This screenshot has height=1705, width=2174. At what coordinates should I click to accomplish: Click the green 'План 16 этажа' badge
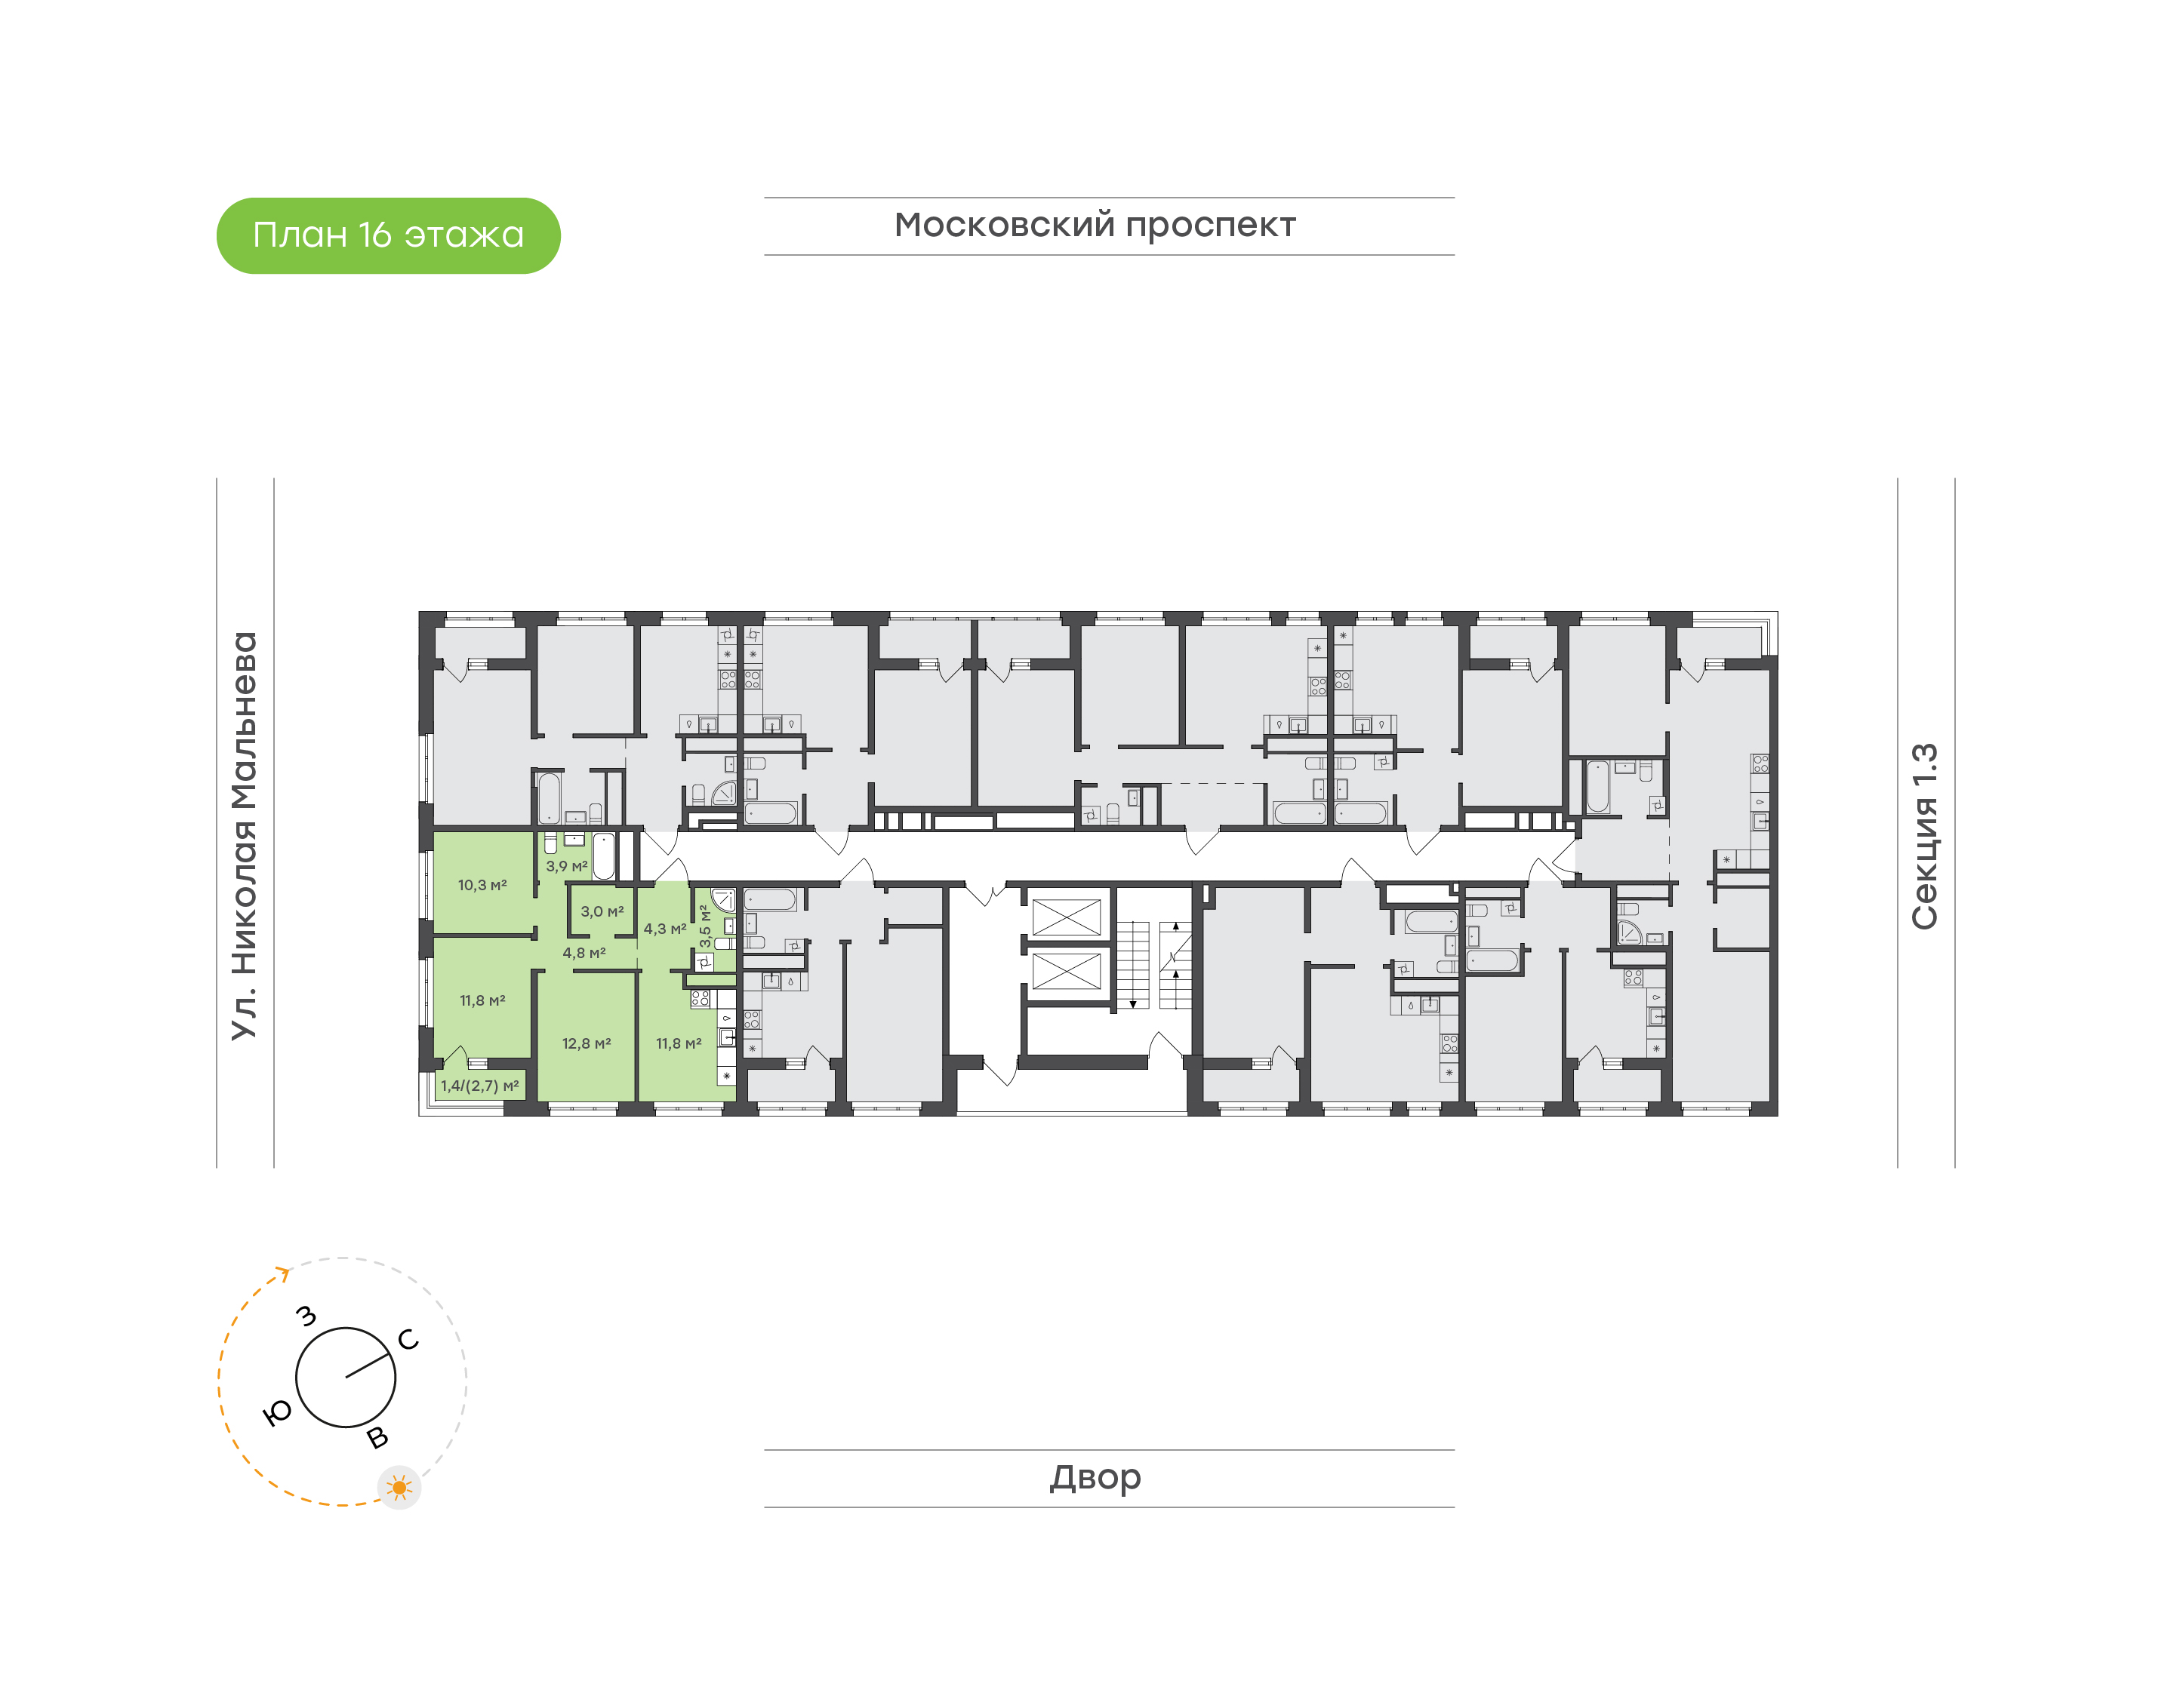[389, 235]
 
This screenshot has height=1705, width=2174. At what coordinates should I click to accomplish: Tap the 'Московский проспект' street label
[1095, 226]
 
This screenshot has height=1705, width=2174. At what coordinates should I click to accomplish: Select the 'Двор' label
[1095, 1477]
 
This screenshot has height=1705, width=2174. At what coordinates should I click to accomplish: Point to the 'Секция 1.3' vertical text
[1923, 837]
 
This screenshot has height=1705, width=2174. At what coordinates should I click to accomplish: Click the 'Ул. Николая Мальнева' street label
[244, 837]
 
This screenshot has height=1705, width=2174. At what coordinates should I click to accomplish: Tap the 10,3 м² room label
[482, 886]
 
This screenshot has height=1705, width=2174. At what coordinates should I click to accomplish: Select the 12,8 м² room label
[587, 1044]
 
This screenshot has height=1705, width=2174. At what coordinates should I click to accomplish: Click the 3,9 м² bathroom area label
[566, 867]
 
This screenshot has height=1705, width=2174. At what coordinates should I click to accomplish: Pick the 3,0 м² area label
[602, 912]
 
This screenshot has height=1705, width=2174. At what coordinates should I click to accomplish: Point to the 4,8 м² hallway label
[584, 954]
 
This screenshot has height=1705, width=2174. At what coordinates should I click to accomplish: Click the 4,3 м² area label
[665, 929]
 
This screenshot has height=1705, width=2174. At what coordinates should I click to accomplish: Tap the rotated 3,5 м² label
[705, 926]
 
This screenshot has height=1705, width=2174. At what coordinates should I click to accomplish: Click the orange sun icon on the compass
[399, 1488]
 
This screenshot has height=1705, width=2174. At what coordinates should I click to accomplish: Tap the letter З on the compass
[306, 1316]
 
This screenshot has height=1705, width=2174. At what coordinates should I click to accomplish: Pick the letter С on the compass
[408, 1340]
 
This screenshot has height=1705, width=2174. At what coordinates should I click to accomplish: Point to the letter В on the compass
[377, 1437]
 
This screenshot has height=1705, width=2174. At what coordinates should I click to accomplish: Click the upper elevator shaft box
[1066, 917]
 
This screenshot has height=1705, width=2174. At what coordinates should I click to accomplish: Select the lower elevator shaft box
[1066, 971]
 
